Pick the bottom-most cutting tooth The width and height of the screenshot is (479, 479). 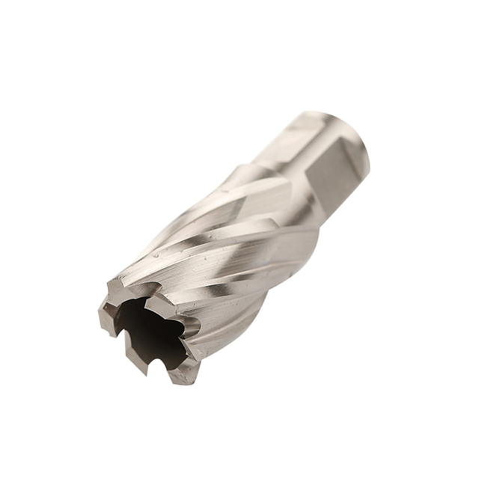(x=182, y=373)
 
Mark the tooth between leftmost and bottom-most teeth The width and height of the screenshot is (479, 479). (x=135, y=359)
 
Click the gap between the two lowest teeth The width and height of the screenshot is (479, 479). (x=161, y=368)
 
